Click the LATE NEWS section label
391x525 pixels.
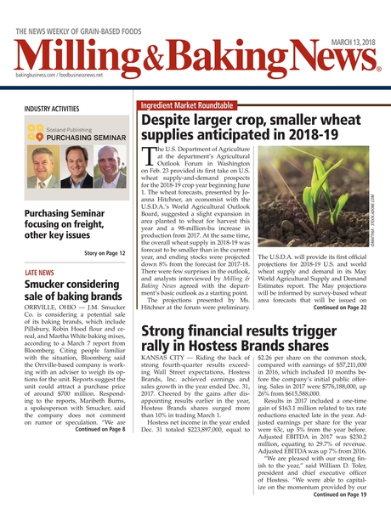tap(40, 273)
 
